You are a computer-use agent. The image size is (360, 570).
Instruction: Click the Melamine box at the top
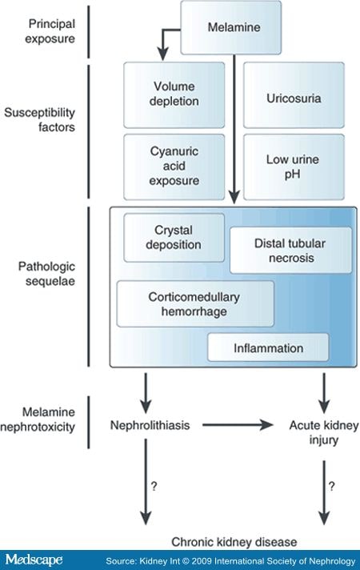tap(230, 28)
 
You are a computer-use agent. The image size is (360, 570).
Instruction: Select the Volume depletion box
tap(174, 95)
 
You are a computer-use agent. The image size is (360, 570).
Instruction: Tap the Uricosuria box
tap(294, 95)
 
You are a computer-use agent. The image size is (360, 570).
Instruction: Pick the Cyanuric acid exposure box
tap(174, 167)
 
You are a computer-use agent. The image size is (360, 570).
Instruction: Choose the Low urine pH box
tap(294, 167)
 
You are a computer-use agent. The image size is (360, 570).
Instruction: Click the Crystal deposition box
tap(174, 238)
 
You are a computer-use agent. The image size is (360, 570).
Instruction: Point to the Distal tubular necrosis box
tap(291, 250)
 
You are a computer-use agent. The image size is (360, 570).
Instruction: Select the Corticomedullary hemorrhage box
tap(195, 304)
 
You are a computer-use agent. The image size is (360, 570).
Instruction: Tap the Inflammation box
tap(268, 348)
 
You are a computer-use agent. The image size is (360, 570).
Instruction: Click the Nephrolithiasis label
tap(150, 425)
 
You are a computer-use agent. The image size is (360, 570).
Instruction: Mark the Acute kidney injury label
tap(324, 432)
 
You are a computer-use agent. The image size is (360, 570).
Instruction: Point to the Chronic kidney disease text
tap(234, 542)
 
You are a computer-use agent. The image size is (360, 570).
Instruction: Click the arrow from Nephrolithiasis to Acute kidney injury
tap(238, 424)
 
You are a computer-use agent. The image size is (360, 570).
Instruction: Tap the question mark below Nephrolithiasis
tap(154, 486)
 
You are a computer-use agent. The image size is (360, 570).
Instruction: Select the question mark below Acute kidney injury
tap(332, 486)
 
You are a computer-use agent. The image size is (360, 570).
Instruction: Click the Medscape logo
tap(34, 560)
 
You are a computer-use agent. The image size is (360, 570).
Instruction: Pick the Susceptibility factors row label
tap(39, 119)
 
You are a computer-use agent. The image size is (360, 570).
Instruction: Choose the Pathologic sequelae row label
tap(47, 274)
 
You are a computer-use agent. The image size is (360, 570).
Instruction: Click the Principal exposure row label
tap(50, 31)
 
